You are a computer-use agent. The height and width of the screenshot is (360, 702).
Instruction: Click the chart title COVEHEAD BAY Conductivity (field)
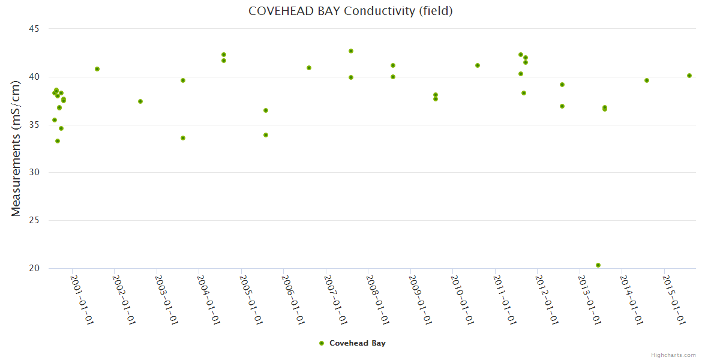tap(350, 11)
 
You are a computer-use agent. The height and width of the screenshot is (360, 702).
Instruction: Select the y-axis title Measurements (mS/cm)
tap(16, 148)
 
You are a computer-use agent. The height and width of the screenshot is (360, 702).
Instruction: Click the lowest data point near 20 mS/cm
tap(598, 265)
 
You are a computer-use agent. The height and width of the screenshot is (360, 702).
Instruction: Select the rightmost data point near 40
tap(689, 76)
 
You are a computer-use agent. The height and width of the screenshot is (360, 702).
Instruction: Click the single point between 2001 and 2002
tap(97, 69)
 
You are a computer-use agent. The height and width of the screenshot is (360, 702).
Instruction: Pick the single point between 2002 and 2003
tap(140, 101)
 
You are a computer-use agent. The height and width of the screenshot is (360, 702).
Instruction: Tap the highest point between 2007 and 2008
tap(351, 51)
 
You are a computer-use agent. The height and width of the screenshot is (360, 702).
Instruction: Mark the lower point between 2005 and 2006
tap(266, 135)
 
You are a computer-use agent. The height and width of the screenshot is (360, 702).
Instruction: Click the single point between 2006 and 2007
tap(309, 68)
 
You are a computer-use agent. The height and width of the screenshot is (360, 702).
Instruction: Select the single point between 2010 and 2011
tap(478, 65)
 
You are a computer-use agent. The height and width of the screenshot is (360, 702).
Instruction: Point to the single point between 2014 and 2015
tap(647, 80)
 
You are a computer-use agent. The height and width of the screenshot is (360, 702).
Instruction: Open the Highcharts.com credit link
tap(673, 355)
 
